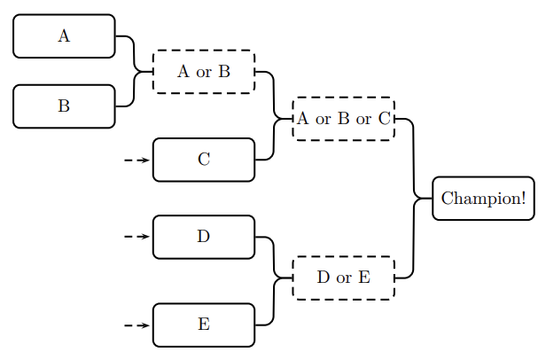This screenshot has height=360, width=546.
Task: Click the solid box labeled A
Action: click(x=64, y=35)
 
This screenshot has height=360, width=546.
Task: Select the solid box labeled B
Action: click(x=64, y=106)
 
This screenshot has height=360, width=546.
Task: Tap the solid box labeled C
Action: click(x=204, y=160)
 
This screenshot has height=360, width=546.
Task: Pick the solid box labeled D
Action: click(x=204, y=237)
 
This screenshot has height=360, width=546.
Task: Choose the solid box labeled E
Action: click(x=204, y=325)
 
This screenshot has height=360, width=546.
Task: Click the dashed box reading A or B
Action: click(x=204, y=72)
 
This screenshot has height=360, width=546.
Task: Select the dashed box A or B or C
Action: click(x=343, y=119)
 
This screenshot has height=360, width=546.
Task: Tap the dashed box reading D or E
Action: click(x=343, y=278)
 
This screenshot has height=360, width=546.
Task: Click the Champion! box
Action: click(x=483, y=198)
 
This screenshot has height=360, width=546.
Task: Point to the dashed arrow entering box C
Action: click(x=136, y=160)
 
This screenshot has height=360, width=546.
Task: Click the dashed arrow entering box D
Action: click(x=136, y=237)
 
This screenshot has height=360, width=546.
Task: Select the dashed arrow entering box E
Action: click(x=136, y=325)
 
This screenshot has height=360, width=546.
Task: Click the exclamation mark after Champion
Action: click(x=523, y=198)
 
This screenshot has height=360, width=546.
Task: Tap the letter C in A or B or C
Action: click(x=384, y=119)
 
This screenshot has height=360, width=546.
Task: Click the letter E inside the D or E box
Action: click(x=363, y=278)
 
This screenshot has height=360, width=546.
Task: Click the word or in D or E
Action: click(x=344, y=278)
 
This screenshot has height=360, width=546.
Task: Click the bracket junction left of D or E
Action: click(x=275, y=278)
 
